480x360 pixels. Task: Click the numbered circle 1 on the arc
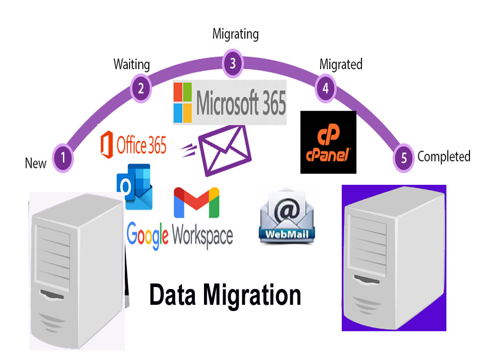63,158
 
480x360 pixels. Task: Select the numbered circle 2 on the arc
141,88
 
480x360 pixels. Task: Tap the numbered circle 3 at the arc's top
233,63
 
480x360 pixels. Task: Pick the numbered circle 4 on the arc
326,88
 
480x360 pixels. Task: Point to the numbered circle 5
404,158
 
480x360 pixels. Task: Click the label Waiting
132,65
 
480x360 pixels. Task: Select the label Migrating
236,34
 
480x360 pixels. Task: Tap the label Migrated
341,65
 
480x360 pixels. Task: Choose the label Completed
444,156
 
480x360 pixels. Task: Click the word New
36,163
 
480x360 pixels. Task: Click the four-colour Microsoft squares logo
183,103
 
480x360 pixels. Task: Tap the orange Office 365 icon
107,144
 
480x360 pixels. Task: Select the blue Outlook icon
135,187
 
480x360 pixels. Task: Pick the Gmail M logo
196,203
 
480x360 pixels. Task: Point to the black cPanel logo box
328,143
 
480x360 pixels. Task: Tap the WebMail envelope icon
287,216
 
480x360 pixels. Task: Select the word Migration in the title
252,295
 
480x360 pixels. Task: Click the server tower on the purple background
394,258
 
